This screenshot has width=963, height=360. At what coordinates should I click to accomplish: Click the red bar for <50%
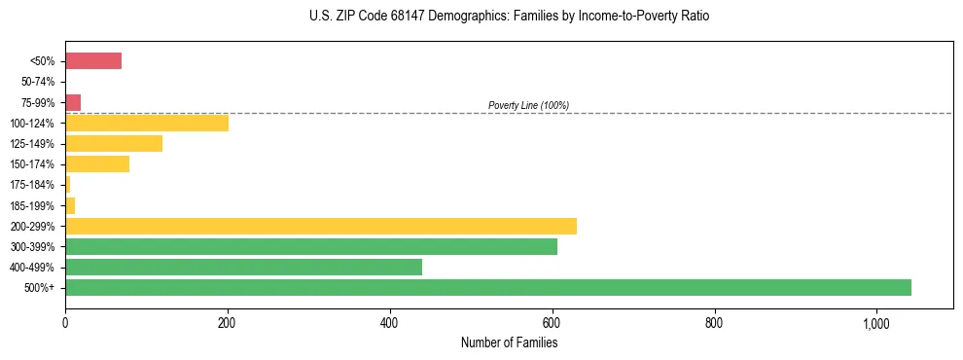93,61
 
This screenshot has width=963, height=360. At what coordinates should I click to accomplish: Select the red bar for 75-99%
73,102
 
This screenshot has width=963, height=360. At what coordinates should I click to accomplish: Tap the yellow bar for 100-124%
147,123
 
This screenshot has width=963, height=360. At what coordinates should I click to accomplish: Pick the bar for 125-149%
114,144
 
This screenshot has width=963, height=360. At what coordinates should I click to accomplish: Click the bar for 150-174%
97,164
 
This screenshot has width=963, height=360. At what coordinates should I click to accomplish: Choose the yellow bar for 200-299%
321,226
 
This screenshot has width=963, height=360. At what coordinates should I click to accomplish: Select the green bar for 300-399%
311,247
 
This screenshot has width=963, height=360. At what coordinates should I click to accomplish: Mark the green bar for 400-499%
243,268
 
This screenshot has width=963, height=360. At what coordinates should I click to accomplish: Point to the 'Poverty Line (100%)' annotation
528,105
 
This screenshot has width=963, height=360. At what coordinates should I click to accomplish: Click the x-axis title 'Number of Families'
509,342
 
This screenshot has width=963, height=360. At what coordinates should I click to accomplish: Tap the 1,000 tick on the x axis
876,323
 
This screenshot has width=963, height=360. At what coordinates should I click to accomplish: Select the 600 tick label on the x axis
553,323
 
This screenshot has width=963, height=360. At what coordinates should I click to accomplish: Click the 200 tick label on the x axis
228,323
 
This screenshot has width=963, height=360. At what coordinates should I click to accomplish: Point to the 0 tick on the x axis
65,323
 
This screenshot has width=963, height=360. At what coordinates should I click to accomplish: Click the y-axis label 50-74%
38,82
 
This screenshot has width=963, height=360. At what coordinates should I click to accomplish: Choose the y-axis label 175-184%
34,185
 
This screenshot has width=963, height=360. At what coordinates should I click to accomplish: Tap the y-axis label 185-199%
34,205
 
